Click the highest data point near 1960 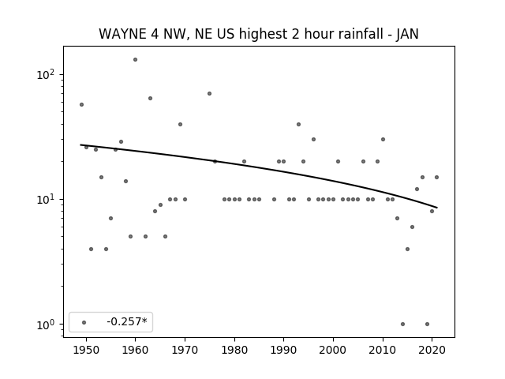point(135,60)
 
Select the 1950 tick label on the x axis point(86,350)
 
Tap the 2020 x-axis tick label point(432,350)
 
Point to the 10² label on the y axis point(46,74)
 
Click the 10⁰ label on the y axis point(46,325)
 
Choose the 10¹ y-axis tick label point(46,200)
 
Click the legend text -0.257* point(127,321)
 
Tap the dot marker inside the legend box point(84,322)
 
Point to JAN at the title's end point(407,34)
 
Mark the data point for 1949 point(81,105)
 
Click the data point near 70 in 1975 point(209,93)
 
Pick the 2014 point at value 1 point(402,325)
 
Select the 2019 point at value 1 point(427,325)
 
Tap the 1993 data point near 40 point(298,125)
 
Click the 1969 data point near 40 point(180,125)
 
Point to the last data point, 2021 point(436,177)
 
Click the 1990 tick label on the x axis point(284,350)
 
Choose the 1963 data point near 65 point(150,98)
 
